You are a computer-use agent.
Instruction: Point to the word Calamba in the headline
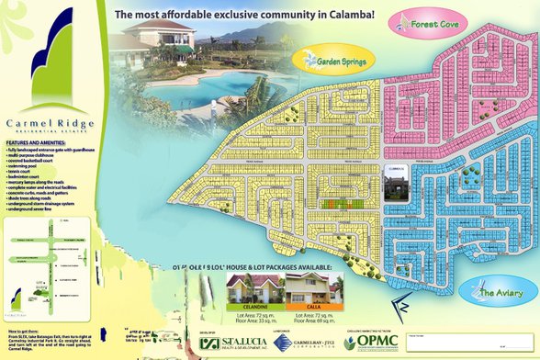(x=341, y=15)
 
